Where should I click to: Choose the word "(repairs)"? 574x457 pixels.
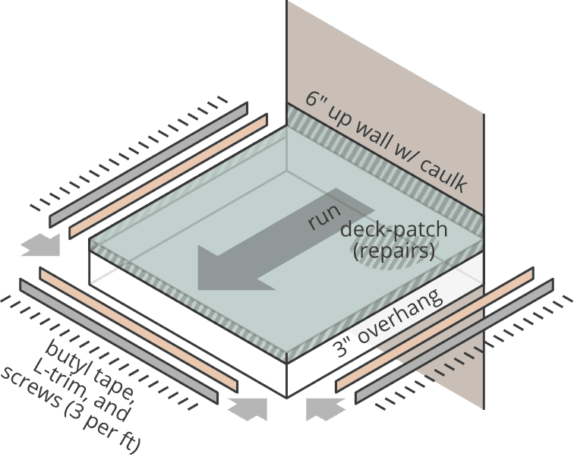394,250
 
